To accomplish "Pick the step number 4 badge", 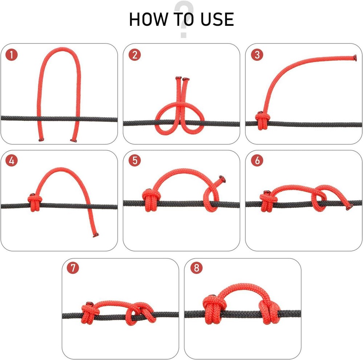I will coord(12,161).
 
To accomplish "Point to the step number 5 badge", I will coord(135,161).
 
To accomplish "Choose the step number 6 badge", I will coord(257,161).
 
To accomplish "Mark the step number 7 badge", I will coord(73,268).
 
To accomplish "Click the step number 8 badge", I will coord(196,268).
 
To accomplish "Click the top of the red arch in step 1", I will coord(58,50).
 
